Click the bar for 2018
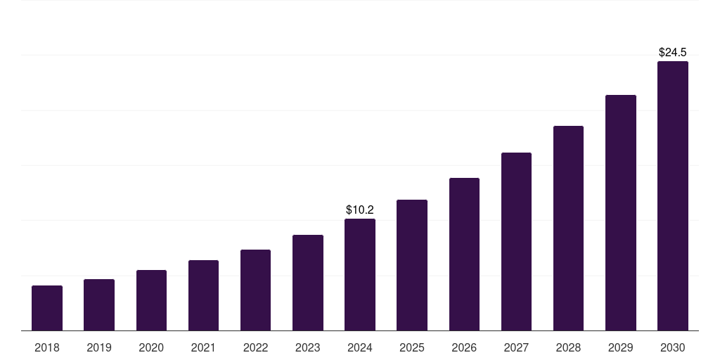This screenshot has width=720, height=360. (x=47, y=308)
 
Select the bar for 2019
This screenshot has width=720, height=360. (x=99, y=305)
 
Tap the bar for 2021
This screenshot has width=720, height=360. (x=203, y=295)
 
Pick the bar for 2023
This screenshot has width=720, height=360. (x=308, y=283)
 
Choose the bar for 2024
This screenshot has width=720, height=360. (x=360, y=275)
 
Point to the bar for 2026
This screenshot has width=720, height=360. (x=464, y=255)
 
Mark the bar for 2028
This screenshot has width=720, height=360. (x=568, y=229)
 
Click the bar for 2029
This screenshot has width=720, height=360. (x=620, y=213)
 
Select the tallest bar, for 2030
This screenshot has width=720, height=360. (x=672, y=196)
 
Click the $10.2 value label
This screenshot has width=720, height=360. (x=360, y=210)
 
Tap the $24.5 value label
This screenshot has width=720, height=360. (x=672, y=52)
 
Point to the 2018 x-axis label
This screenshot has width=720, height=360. (x=47, y=347)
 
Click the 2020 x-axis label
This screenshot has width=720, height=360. (x=151, y=347)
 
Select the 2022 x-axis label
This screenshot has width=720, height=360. (x=255, y=347)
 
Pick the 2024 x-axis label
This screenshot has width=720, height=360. (x=360, y=347)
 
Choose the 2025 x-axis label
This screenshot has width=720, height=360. (x=412, y=347)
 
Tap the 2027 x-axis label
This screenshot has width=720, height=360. (x=516, y=347)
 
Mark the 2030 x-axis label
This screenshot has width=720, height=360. (x=672, y=347)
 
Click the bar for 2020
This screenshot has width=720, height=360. (x=151, y=300)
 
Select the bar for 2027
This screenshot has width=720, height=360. (x=516, y=242)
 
